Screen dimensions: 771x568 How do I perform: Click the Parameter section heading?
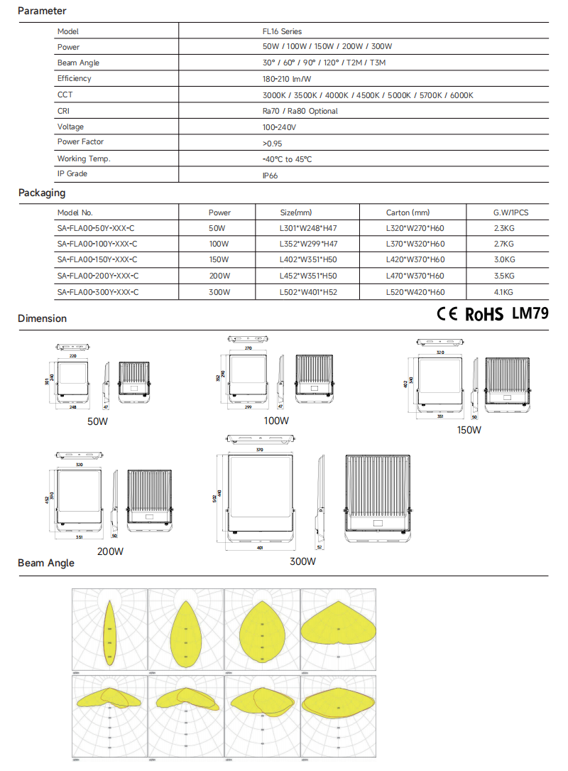pyautogui.click(x=42, y=11)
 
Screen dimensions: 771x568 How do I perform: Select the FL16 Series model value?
pyautogui.click(x=282, y=31)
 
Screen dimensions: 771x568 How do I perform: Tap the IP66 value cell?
pyautogui.click(x=270, y=175)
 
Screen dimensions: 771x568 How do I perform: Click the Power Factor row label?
pyautogui.click(x=80, y=142)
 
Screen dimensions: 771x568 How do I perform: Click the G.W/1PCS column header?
pyautogui.click(x=510, y=212)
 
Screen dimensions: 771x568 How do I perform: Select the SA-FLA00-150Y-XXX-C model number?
pyautogui.click(x=97, y=260)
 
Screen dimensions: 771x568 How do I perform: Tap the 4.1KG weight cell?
pyautogui.click(x=503, y=292)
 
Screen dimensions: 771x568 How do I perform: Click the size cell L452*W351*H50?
pyautogui.click(x=308, y=276)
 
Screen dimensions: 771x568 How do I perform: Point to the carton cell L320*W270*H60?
pyautogui.click(x=415, y=229)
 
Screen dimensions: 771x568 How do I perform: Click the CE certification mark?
pyautogui.click(x=447, y=314)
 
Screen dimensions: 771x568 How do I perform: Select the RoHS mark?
pyautogui.click(x=484, y=315)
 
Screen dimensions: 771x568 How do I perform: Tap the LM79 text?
pyautogui.click(x=530, y=313)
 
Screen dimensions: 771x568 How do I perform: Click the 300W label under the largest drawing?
pyautogui.click(x=302, y=561)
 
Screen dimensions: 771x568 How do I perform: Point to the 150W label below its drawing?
pyautogui.click(x=469, y=430)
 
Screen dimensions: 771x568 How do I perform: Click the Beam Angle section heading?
pyautogui.click(x=46, y=563)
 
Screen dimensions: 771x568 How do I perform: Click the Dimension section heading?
pyautogui.click(x=43, y=318)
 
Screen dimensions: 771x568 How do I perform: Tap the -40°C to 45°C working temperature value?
pyautogui.click(x=287, y=159)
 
